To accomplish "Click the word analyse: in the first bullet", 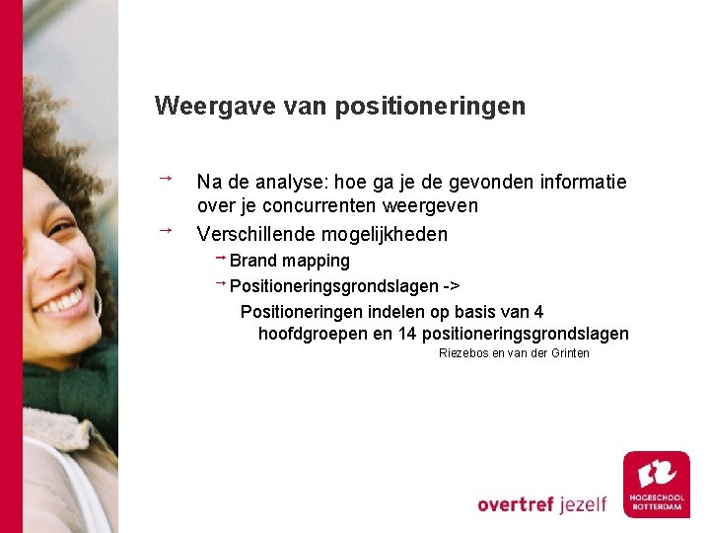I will click(x=292, y=182).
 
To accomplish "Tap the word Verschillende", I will click(x=255, y=234).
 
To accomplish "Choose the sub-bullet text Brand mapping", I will click(x=289, y=261).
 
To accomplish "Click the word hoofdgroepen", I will click(x=313, y=334).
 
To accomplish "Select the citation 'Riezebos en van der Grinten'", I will click(x=514, y=353).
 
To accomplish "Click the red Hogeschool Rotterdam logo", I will click(x=656, y=484).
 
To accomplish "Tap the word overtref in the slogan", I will click(x=517, y=503).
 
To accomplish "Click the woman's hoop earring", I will click(x=96, y=302).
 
